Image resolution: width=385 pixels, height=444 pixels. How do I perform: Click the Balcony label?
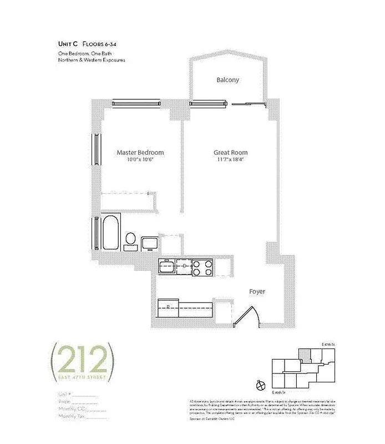pyautogui.click(x=227, y=80)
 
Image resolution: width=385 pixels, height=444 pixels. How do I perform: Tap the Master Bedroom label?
pyautogui.click(x=140, y=153)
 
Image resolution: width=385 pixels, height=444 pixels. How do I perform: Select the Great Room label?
pyautogui.click(x=230, y=153)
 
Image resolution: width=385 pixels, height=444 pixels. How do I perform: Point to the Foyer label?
pyautogui.click(x=256, y=291)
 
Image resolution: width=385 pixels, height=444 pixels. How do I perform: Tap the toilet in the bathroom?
pyautogui.click(x=131, y=240)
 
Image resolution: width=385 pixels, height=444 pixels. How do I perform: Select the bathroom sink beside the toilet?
pyautogui.click(x=149, y=243)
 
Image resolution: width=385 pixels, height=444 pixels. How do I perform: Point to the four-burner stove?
pyautogui.click(x=202, y=269)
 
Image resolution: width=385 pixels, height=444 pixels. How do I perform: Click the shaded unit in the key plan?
pyautogui.click(x=303, y=354)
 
